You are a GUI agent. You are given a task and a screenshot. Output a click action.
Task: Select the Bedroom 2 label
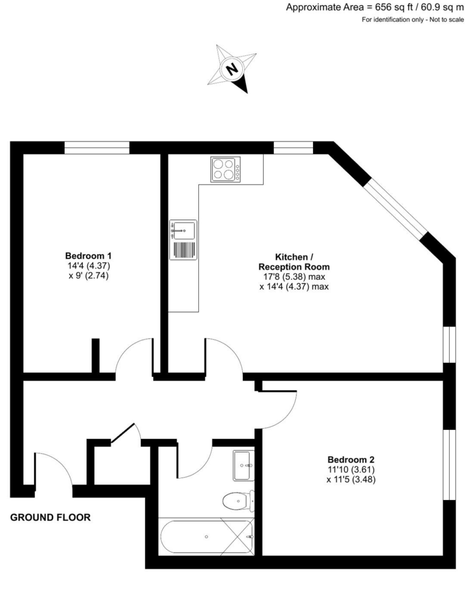(351, 460)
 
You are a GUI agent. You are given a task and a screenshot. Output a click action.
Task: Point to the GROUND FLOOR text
(50, 518)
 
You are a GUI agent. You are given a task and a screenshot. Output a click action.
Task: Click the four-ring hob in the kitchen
(226, 169)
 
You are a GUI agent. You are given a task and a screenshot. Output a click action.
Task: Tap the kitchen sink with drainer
(184, 240)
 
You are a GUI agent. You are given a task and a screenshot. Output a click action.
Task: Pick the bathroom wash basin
(243, 465)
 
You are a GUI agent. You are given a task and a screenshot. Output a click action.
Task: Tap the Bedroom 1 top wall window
(97, 148)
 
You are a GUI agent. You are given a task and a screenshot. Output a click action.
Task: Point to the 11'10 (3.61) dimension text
(351, 470)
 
